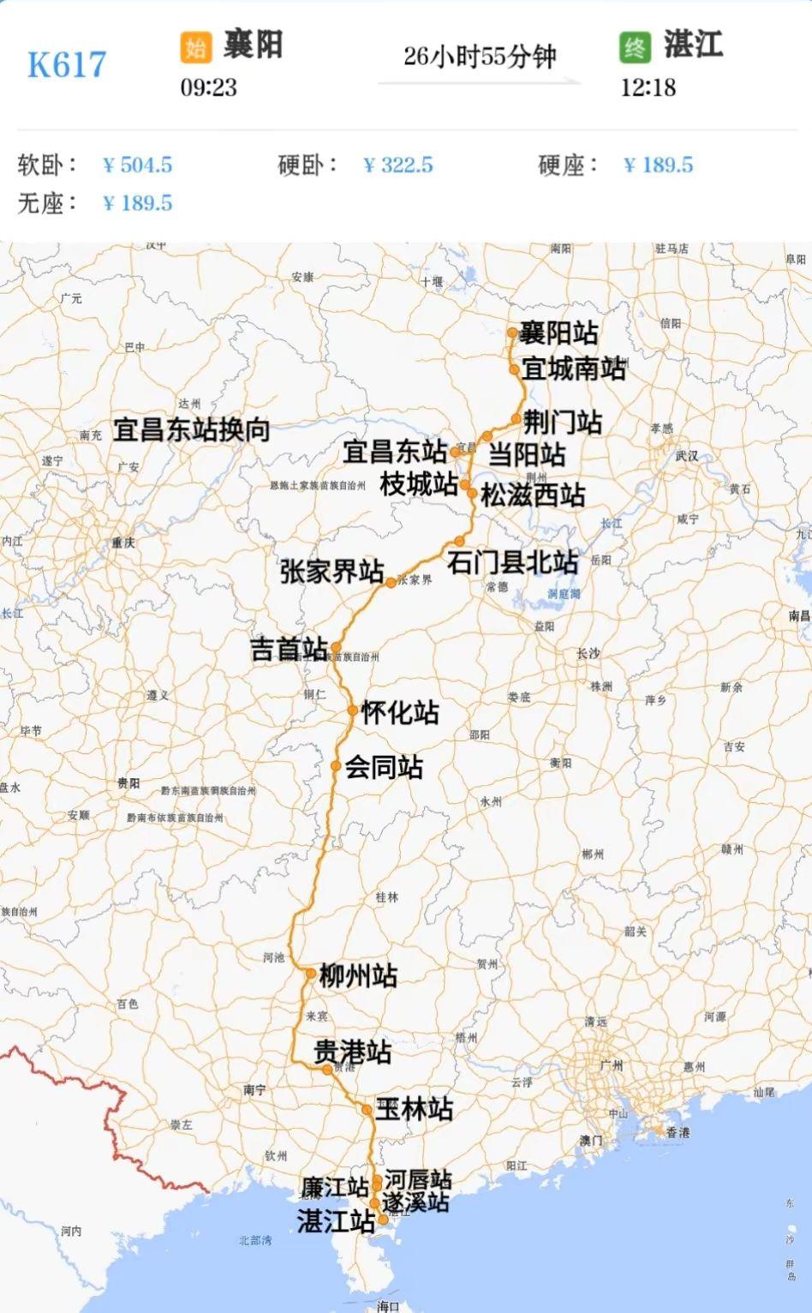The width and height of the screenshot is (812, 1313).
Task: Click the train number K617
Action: point(67,65)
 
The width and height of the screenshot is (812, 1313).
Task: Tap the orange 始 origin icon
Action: point(195,47)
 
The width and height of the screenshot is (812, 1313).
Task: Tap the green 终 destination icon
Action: point(635,47)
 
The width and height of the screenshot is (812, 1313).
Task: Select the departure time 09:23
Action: point(208,87)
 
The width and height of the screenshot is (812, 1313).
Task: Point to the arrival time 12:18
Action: point(648,87)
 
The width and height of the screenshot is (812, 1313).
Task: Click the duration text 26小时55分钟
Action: point(480,57)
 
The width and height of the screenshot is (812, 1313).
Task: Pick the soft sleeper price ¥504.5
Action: point(137,165)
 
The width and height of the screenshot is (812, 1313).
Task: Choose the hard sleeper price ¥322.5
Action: point(398,165)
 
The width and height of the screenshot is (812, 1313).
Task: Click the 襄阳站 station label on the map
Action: point(558,333)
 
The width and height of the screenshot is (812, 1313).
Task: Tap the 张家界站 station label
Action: point(331,572)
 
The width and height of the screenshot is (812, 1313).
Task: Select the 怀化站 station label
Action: point(400,712)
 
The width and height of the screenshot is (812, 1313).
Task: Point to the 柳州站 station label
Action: point(358,975)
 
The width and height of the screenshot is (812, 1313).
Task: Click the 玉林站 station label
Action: point(414,1109)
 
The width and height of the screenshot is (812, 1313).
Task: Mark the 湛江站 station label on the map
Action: point(336,1220)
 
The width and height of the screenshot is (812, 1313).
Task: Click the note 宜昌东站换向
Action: point(192,429)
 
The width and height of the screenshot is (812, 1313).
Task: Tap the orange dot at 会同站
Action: point(337,765)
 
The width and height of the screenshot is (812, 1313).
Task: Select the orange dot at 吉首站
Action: point(336,648)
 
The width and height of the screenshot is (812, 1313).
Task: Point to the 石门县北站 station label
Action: point(512,562)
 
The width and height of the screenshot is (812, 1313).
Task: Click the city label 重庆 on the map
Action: point(123,543)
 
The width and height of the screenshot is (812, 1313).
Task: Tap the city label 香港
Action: point(678,1133)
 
